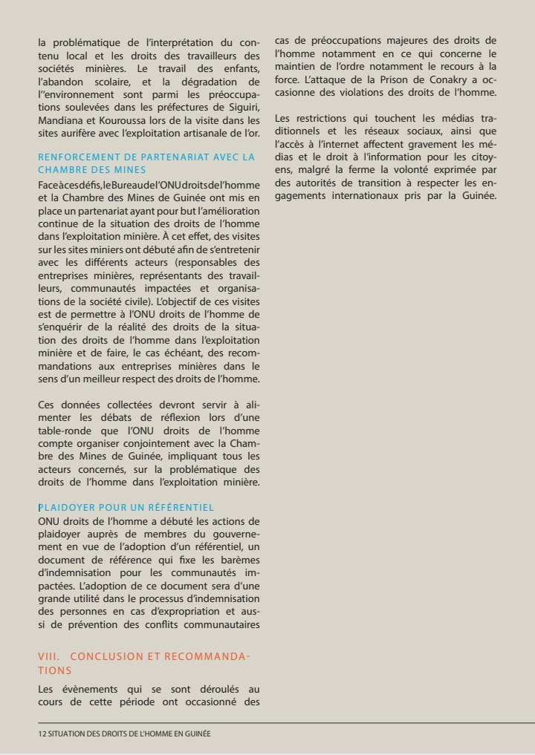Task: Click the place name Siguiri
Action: [x=242, y=107]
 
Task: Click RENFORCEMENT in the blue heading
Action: [x=74, y=157]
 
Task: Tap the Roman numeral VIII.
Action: [x=48, y=656]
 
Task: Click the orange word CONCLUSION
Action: [x=110, y=656]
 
